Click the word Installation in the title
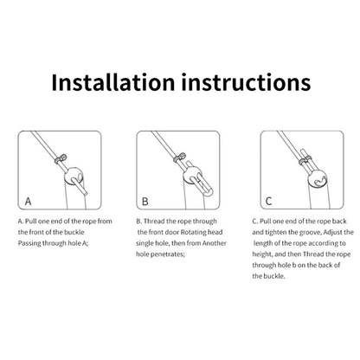pos(113,82)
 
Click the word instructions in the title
pos(246,82)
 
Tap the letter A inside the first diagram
pos(28,201)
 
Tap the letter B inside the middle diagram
pos(145,202)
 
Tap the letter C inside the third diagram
pos(268,201)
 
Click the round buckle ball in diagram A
pos(74,176)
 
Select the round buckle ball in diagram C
pos(318,179)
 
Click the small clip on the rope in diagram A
pos(61,158)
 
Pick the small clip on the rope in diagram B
pos(180,157)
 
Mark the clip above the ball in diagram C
pos(305,161)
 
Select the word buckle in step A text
pos(74,232)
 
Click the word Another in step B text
pos(215,243)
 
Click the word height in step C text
pos(262,254)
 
